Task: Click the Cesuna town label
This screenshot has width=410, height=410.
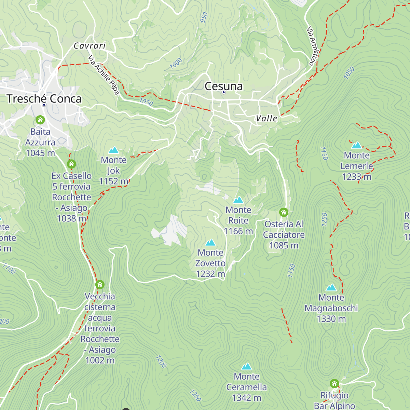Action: coord(223,86)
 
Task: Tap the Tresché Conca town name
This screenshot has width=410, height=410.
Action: coord(44,99)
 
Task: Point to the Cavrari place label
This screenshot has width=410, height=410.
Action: coord(90,46)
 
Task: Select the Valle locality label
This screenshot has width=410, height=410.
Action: coord(266,119)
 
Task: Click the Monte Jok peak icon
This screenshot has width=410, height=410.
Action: coord(113,150)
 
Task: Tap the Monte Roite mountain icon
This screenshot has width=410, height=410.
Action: coord(238,200)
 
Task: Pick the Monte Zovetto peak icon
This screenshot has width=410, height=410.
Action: coord(210,243)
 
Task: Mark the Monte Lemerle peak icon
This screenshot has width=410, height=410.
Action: coord(357,146)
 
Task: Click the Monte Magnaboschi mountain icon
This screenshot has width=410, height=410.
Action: coord(331,287)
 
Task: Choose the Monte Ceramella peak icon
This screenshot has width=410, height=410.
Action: coord(246,367)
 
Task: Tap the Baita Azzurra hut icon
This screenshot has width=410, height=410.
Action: coord(40,120)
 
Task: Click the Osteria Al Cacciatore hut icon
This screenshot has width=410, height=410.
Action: coord(284,213)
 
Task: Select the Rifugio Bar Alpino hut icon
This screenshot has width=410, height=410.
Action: coord(334,384)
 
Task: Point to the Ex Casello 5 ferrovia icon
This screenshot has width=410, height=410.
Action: coord(71,164)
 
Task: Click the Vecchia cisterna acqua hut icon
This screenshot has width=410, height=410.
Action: coord(100,285)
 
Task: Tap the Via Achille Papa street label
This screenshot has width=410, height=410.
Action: coord(104,75)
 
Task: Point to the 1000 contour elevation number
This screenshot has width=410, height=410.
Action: coord(176,63)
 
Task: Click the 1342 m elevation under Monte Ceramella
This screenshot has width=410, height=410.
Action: coord(246,398)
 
